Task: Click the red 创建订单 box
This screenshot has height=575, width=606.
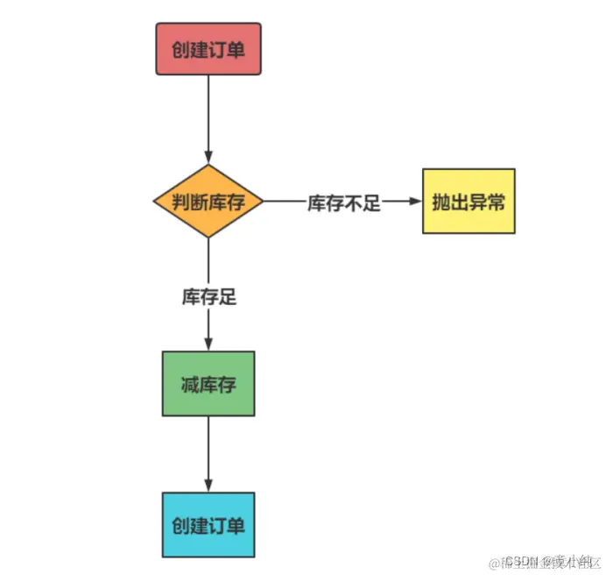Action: point(208,49)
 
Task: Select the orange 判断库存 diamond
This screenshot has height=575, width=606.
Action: point(208,202)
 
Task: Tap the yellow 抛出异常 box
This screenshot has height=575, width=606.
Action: point(469,202)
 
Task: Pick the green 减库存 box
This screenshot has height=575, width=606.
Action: point(208,384)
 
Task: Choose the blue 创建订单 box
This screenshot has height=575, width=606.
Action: point(208,525)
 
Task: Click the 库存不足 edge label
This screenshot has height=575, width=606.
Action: point(343,203)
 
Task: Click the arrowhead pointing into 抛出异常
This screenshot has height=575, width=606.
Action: point(415,202)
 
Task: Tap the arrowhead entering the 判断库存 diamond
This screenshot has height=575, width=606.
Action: point(208,158)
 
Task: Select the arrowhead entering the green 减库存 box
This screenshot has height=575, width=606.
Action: point(208,344)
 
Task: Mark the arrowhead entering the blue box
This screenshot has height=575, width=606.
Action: point(208,486)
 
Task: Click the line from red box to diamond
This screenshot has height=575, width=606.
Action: point(208,114)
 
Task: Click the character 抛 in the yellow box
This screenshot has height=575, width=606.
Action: point(441,202)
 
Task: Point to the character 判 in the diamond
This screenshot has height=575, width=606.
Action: point(181,202)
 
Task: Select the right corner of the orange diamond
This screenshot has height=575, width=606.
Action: point(263,202)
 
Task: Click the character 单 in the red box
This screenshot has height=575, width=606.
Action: point(235,50)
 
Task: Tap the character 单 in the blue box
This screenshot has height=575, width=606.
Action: point(235,526)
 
